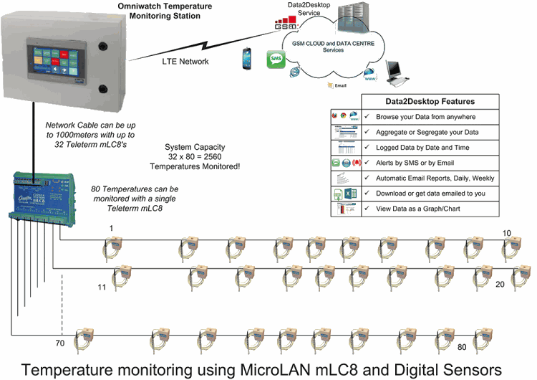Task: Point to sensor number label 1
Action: point(111,228)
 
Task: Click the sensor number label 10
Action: point(507,233)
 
